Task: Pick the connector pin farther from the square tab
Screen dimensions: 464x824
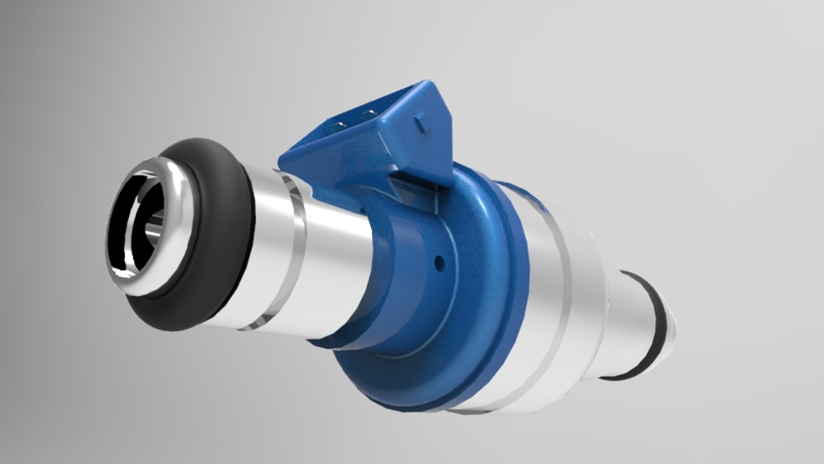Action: coord(339,125)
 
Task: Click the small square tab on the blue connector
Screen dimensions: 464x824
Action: coord(421,118)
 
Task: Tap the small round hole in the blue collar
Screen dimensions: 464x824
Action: coord(438,260)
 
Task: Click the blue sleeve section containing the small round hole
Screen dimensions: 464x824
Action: coord(412,275)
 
